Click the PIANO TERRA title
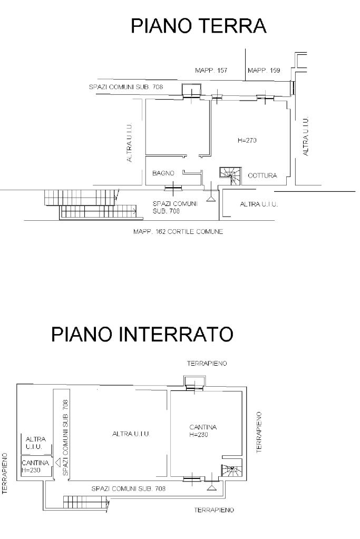tap(198, 26)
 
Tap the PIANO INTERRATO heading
tap(142, 334)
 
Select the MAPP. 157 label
tap(211, 71)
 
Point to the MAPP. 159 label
tap(264, 71)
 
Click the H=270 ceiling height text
tap(247, 140)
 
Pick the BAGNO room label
tap(163, 173)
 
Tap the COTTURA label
tap(262, 175)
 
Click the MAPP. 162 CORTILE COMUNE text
tap(178, 232)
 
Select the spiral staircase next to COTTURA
tap(230, 177)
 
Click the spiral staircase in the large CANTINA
tap(232, 471)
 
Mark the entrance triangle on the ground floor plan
tap(211, 198)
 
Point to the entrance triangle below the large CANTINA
tap(212, 487)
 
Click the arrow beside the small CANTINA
tap(58, 463)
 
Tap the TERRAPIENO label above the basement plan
tap(207, 364)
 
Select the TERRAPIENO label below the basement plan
tap(214, 510)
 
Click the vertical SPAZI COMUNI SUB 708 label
tap(65, 438)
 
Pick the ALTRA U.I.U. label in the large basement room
tap(131, 434)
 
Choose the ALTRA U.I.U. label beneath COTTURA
tap(259, 204)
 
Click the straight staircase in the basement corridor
tap(86, 502)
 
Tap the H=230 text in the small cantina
tap(31, 471)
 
